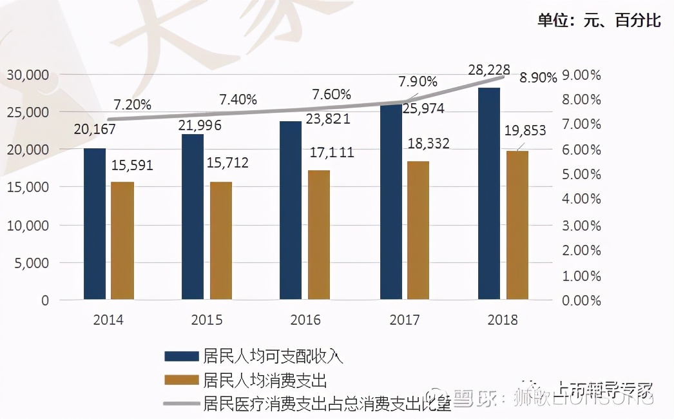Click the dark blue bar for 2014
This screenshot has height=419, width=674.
(95, 224)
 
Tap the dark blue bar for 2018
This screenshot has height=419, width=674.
(489, 193)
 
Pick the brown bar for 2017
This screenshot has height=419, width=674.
(418, 230)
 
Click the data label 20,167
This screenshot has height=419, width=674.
(95, 129)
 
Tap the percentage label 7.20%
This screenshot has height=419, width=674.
(132, 104)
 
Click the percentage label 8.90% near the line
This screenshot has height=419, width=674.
(538, 78)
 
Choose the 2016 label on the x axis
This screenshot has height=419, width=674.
(305, 320)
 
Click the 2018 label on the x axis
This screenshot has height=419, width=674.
(503, 320)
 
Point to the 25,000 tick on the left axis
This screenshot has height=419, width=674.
(28, 112)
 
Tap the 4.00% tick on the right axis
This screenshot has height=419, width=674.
(582, 199)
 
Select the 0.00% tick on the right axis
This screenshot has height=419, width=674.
(582, 300)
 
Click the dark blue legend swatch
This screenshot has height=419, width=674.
(181, 356)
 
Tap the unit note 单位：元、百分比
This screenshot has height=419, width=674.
(599, 21)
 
